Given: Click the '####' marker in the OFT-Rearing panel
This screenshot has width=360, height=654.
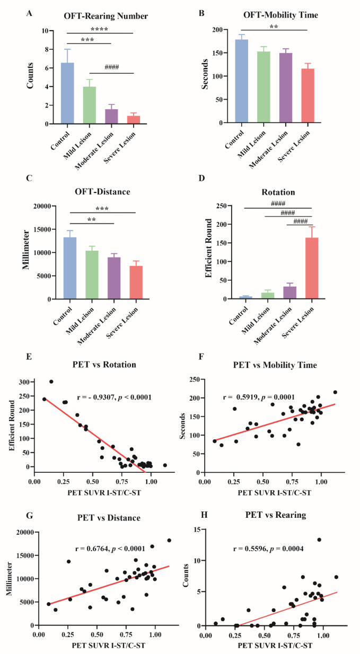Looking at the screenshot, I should pyautogui.click(x=111, y=67).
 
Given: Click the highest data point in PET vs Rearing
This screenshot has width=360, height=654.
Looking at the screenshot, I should pyautogui.click(x=319, y=540).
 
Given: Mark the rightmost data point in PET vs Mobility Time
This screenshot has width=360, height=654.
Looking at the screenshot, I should pyautogui.click(x=335, y=392).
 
